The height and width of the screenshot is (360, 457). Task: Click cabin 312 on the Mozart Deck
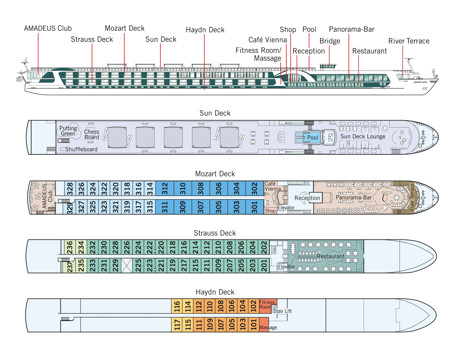[x=165, y=188]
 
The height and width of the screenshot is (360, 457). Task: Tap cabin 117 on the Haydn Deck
[x=177, y=324]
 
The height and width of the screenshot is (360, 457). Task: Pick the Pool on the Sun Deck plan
[x=308, y=138]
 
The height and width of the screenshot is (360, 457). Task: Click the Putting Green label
[x=68, y=131]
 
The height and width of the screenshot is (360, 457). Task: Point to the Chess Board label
[x=92, y=134]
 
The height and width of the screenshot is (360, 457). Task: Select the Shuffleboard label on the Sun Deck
[x=81, y=149]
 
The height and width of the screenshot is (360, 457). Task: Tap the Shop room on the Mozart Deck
[x=270, y=211]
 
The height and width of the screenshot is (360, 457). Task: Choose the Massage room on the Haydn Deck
[x=264, y=324]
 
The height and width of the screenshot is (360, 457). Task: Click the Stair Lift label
[x=282, y=311]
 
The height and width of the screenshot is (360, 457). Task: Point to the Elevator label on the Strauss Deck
[x=287, y=267]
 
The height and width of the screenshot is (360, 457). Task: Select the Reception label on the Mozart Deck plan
[x=307, y=198]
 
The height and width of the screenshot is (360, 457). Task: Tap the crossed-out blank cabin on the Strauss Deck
[x=127, y=265]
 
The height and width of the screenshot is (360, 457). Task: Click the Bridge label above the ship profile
[x=330, y=41]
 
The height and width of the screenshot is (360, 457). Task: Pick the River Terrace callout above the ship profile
[x=409, y=41]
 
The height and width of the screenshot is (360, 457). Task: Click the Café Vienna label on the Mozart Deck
[x=273, y=186]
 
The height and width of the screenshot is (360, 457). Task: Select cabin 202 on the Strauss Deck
[x=264, y=247]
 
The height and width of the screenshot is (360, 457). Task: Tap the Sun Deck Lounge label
[x=363, y=136]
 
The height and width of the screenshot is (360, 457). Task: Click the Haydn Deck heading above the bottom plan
[x=215, y=292]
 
